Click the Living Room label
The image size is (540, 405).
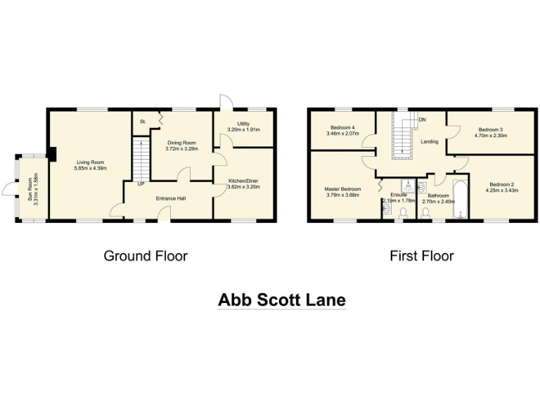click(x=91, y=162)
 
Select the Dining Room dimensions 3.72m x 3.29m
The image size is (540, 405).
click(x=181, y=148)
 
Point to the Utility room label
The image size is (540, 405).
click(x=243, y=124)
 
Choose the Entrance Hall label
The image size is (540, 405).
click(x=172, y=198)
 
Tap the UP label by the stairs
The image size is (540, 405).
click(x=141, y=184)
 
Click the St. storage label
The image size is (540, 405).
click(x=143, y=122)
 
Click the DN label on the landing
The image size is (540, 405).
click(x=422, y=120)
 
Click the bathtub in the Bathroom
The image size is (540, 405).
click(x=461, y=201)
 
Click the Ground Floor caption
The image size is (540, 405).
click(x=146, y=256)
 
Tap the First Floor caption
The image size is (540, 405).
click(x=422, y=256)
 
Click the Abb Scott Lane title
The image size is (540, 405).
click(x=281, y=300)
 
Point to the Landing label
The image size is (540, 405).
click(x=429, y=141)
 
